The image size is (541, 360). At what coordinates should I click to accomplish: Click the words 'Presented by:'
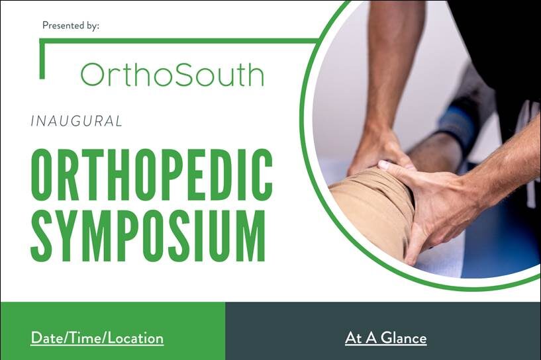point(71,26)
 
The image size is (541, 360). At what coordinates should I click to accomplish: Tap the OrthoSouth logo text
point(173,75)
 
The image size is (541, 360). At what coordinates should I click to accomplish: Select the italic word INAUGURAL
point(77,121)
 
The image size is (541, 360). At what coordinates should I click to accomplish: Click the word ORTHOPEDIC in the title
point(152,173)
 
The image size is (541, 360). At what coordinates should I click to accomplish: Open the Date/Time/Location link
point(97,338)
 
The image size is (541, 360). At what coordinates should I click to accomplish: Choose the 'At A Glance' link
point(386,338)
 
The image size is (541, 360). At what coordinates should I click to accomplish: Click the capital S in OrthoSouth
point(189,75)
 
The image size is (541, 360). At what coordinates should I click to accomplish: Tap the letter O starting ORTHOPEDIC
point(42,173)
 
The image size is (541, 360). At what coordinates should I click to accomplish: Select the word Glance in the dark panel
point(404,338)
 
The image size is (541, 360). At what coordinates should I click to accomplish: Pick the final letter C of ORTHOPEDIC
point(261,173)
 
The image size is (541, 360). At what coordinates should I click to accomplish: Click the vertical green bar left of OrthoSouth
point(42,59)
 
